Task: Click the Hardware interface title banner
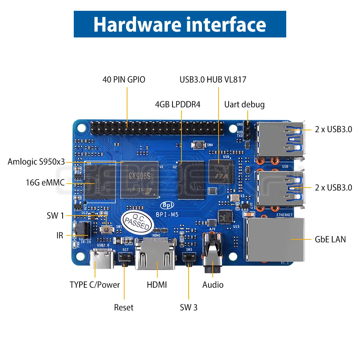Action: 180,24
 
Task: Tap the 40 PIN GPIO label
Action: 124,80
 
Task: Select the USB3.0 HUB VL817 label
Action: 213,80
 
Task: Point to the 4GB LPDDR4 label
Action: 177,104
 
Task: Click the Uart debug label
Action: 244,104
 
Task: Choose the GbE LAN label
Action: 330,239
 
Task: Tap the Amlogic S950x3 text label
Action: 36,162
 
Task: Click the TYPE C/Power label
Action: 95,285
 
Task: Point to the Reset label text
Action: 123,307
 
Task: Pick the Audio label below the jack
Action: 213,285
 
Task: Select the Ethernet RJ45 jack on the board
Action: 275,239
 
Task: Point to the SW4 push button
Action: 198,145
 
